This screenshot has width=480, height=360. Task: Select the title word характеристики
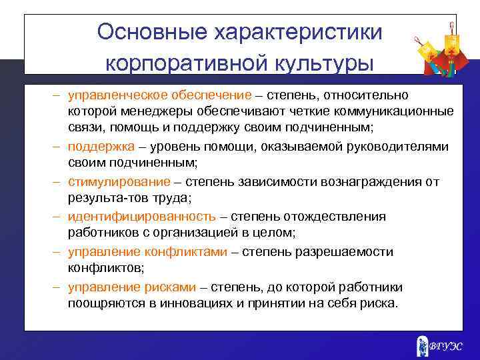pyautogui.click(x=295, y=32)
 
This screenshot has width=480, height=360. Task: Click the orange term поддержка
pyautogui.click(x=101, y=147)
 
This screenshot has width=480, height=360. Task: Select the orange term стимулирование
pyautogui.click(x=118, y=181)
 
